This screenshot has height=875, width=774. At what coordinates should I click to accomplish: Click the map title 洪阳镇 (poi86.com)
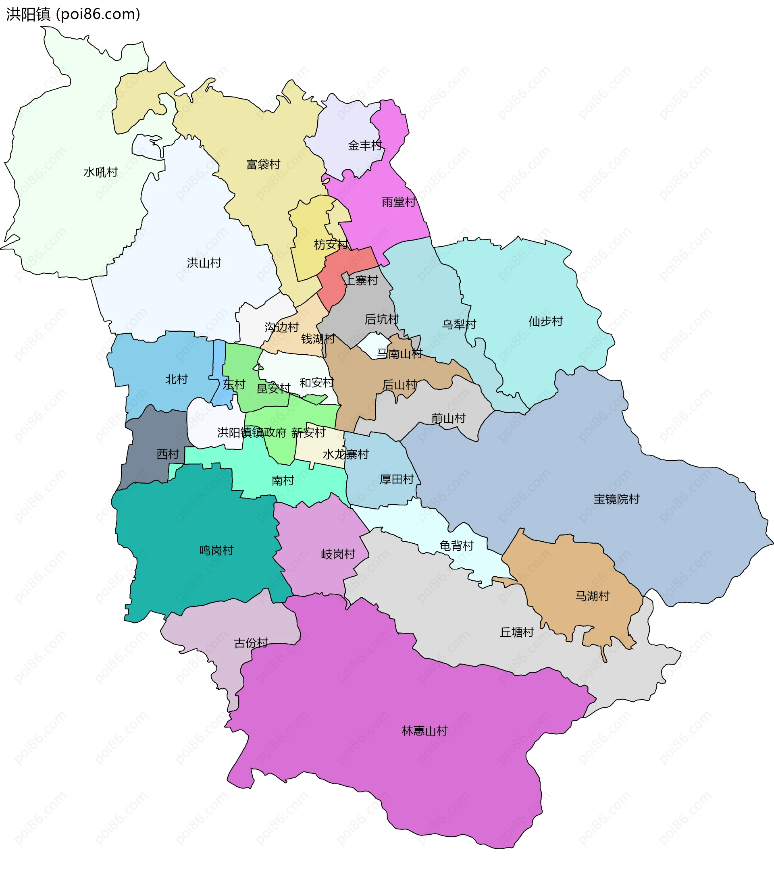pos(73,14)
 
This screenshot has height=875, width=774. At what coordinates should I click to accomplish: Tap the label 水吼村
pos(101,172)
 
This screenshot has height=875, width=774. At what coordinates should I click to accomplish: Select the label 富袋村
pos(263,164)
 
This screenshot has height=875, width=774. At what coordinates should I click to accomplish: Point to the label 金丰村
pos(365,145)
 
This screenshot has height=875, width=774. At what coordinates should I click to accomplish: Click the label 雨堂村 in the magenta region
pos(399,202)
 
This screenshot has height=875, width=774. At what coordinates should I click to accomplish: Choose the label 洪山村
pos(204,263)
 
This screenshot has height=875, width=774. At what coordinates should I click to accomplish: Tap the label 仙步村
pos(545,321)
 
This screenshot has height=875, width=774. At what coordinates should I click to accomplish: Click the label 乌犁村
pos(459,324)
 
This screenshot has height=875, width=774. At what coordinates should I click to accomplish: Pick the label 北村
pos(177,379)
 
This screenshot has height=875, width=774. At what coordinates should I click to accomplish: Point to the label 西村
pos(167,454)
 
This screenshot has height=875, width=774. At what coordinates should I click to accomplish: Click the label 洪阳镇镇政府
pos(251,432)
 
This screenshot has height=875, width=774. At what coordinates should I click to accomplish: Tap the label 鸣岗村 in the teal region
pos(216,551)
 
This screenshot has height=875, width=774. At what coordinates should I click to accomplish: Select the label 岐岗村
pos(338,554)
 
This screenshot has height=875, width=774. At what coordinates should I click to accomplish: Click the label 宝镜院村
pos(616,499)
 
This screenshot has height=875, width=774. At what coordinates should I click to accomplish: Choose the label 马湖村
pos(592,596)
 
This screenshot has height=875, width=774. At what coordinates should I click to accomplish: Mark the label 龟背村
pos(456,546)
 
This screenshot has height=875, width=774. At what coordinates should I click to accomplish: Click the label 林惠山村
pos(424,731)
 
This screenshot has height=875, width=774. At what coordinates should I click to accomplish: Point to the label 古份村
pos(251,643)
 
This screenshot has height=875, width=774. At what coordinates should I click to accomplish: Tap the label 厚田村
pos(397,479)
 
